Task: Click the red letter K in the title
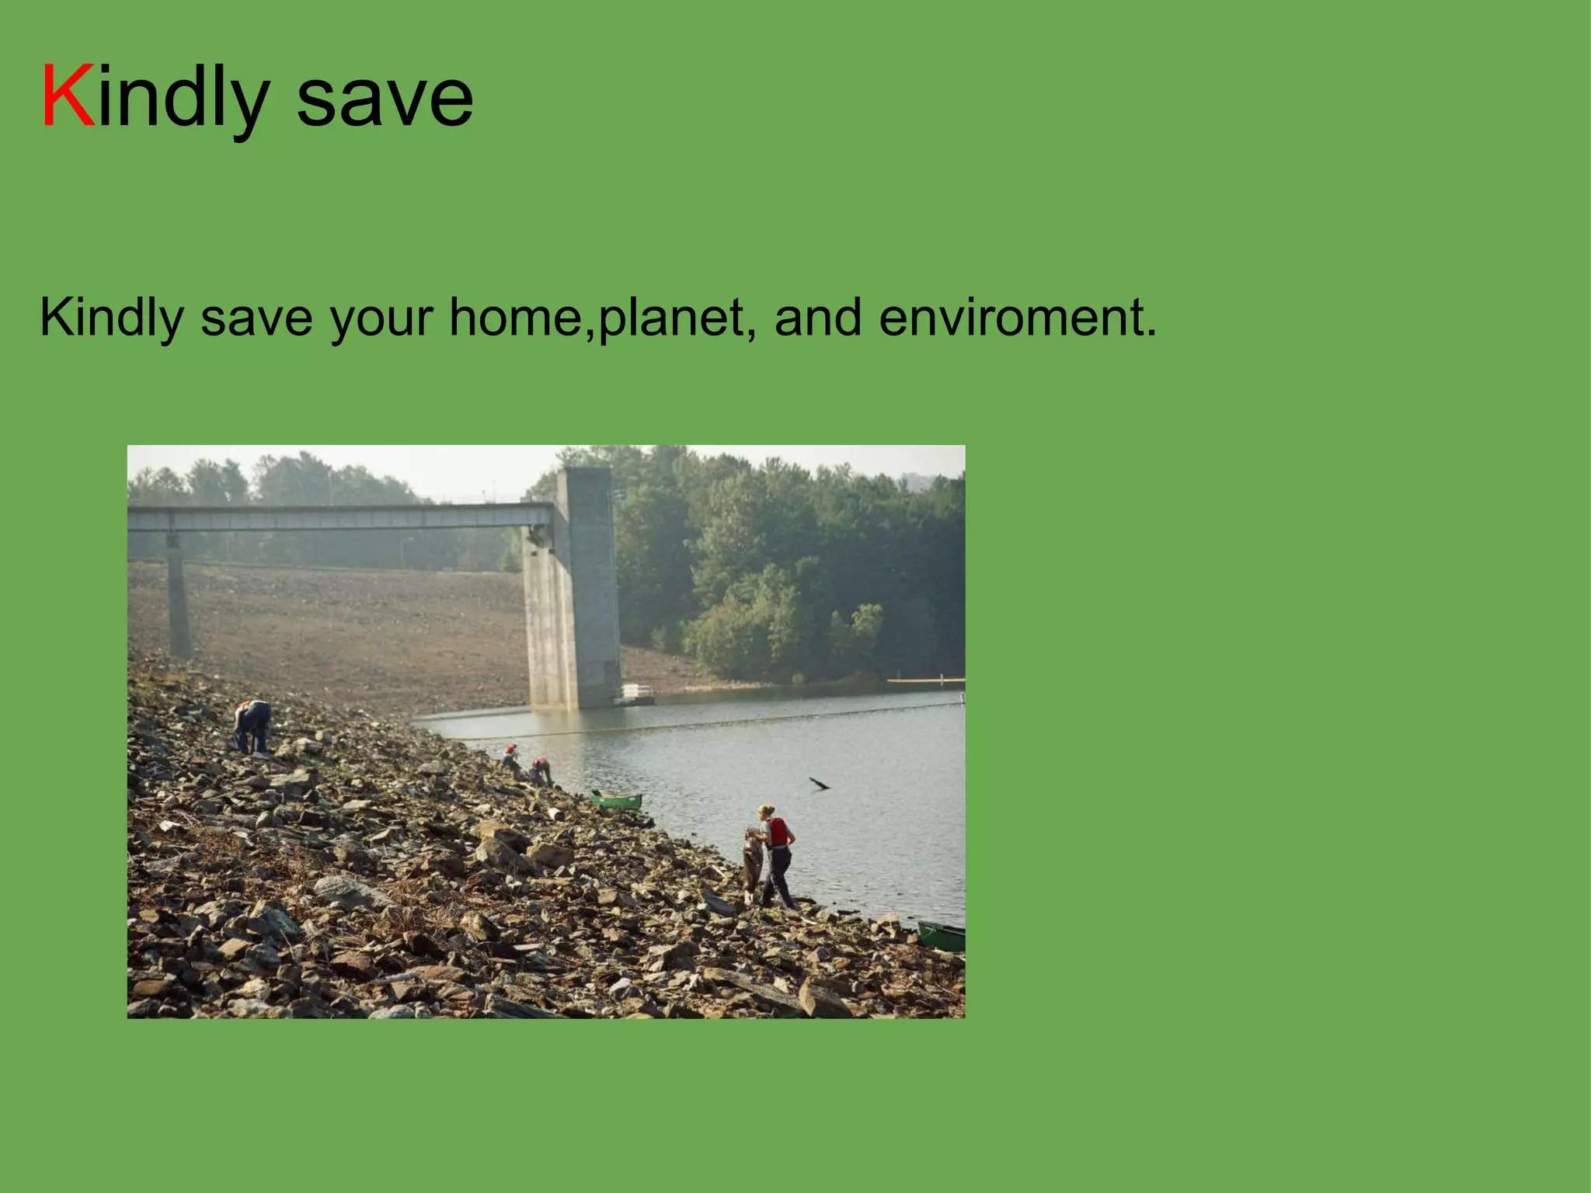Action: [68, 96]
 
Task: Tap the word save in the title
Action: [385, 99]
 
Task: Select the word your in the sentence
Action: [381, 319]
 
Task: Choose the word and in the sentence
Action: [818, 318]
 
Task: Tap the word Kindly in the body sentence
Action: [112, 319]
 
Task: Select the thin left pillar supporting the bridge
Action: [178, 598]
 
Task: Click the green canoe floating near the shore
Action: [618, 799]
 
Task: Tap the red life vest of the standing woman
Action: [778, 832]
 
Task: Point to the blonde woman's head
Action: [766, 812]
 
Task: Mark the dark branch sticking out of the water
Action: [819, 784]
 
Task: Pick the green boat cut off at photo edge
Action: [942, 936]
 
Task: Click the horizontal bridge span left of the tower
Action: [342, 517]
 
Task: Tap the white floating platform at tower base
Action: [636, 693]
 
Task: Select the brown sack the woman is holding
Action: [752, 862]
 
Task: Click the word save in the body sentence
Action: [256, 318]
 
